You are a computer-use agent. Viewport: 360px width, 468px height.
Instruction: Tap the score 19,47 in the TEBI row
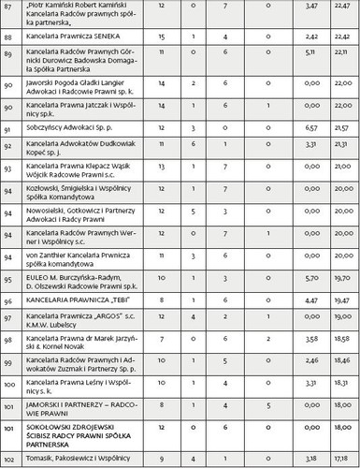(x=340, y=300)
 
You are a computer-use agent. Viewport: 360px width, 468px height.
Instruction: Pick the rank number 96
(x=8, y=300)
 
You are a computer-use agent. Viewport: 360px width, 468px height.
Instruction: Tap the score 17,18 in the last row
(x=340, y=459)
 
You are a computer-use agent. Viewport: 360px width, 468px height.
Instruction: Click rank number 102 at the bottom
(x=8, y=459)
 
